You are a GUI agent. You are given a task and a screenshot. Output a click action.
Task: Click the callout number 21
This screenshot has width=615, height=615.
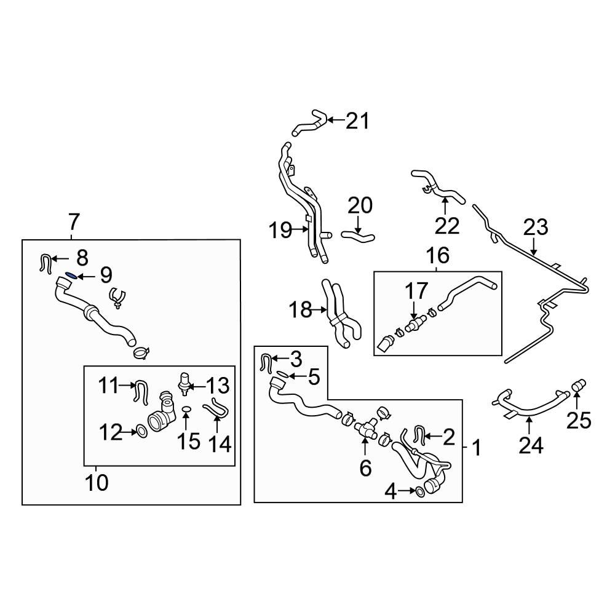357,121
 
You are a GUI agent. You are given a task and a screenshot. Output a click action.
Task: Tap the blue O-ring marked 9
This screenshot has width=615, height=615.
71,276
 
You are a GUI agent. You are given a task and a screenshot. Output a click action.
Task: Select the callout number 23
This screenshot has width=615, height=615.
535,228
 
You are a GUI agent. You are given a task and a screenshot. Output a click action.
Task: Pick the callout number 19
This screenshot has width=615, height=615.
280,231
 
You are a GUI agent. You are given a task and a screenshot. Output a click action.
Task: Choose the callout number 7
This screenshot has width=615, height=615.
74,220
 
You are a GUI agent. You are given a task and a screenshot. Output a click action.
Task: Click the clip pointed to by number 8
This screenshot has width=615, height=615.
46,262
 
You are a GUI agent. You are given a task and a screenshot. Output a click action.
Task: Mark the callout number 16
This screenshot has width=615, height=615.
437,255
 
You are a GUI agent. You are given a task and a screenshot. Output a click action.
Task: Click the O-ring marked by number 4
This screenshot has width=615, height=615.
419,491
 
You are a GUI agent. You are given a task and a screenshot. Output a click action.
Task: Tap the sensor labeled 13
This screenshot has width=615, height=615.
182,383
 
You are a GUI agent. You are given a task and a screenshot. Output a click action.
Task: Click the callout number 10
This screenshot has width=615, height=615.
97,482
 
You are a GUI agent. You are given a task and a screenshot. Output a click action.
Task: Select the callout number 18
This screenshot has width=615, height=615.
301,310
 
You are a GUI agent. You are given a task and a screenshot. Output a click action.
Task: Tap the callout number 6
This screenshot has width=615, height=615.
365,468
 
